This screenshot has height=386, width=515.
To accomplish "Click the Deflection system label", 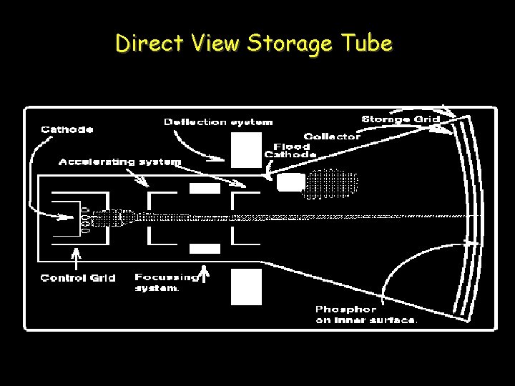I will pyautogui.click(x=217, y=122).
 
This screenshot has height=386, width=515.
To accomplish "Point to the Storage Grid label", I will pyautogui.click(x=396, y=119).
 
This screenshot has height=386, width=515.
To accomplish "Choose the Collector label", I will pyautogui.click(x=332, y=136).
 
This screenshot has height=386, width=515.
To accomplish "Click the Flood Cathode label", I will pyautogui.click(x=290, y=150).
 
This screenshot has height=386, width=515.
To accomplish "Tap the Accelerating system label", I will pyautogui.click(x=119, y=162).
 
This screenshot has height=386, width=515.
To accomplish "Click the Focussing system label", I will pyautogui.click(x=166, y=282).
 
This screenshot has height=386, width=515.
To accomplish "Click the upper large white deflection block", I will pyautogui.click(x=246, y=151).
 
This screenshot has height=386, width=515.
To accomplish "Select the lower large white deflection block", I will pyautogui.click(x=246, y=286).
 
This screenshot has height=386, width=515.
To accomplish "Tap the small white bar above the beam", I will pyautogui.click(x=205, y=189).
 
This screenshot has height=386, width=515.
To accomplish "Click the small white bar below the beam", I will pyautogui.click(x=205, y=248).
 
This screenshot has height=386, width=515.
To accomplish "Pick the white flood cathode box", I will pyautogui.click(x=290, y=182).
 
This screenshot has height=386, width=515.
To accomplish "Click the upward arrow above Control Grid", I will pyautogui.click(x=77, y=257).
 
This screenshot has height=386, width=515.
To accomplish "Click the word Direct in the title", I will pyautogui.click(x=144, y=44).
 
